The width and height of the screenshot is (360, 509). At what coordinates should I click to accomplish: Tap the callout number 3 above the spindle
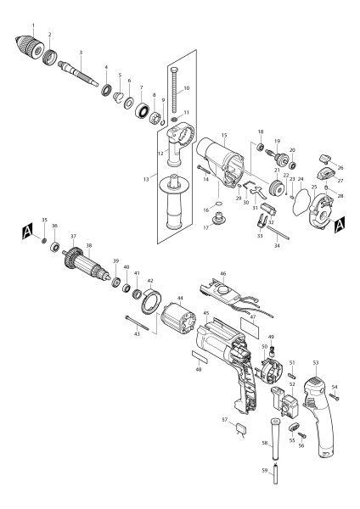click(80, 53)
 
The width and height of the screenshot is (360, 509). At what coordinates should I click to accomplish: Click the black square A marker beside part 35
click(27, 230)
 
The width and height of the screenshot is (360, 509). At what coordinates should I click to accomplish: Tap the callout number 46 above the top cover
click(223, 274)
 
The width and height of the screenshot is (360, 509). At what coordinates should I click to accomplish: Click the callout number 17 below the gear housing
click(206, 226)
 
